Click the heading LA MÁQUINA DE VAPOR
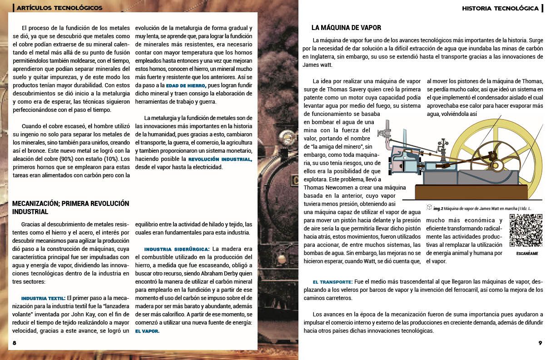(x=346, y=28)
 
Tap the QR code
(x=526, y=230)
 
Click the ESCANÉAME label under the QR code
(x=527, y=254)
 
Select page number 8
(x=15, y=343)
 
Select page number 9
(x=540, y=343)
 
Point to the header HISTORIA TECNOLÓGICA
(x=500, y=8)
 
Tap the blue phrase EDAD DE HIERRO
(x=186, y=85)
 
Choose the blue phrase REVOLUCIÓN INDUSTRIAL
(x=220, y=159)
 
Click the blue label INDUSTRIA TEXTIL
(x=43, y=298)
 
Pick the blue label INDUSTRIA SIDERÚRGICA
(x=177, y=249)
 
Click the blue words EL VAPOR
(x=147, y=331)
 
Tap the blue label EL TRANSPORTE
(x=333, y=282)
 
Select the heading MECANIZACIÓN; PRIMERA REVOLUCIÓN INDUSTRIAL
(x=70, y=207)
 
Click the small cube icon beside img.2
(x=429, y=207)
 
